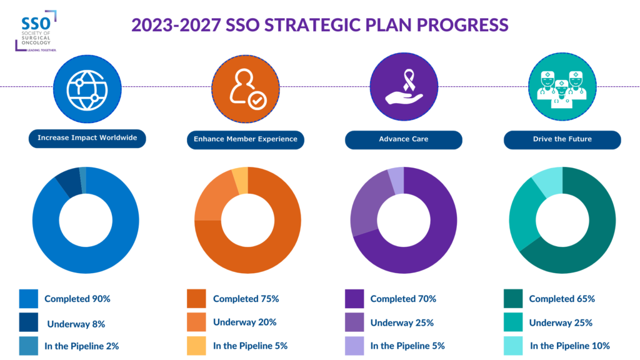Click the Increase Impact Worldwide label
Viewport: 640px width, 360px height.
87,139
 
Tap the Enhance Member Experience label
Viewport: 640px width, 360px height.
246,139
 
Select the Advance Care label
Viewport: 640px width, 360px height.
404,139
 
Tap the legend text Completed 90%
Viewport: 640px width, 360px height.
77,299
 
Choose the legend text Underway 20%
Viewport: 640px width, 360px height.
244,322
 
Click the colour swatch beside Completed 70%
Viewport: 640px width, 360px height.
354,299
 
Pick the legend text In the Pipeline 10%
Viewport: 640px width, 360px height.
569,346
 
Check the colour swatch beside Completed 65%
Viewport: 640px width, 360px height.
513,299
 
